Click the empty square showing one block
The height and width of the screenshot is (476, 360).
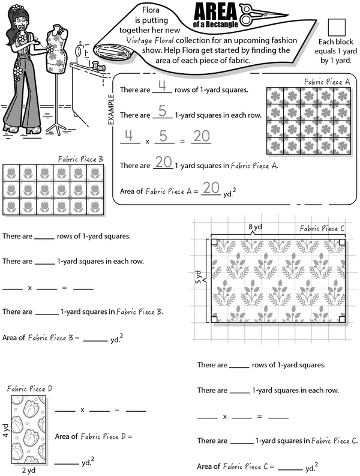coord(337,27)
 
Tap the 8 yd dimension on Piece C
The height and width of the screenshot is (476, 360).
coord(255,227)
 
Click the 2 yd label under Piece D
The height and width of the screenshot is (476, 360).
coord(29,471)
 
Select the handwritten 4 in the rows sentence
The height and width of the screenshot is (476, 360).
coord(161,88)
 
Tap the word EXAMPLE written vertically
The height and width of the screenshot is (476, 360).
coord(110,108)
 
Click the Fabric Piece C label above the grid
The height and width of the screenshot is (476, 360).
coord(322,228)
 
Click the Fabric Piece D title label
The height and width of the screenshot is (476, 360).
coord(29,388)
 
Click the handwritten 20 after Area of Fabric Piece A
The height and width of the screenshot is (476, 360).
coord(210,188)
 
